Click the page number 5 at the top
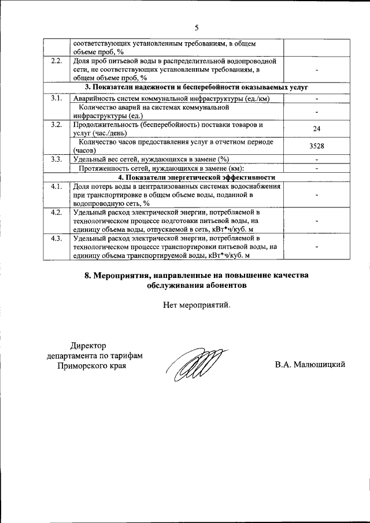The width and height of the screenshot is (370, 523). coord(196,27)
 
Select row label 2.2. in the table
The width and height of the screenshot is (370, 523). coord(57,61)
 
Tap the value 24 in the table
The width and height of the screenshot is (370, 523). coord(316,129)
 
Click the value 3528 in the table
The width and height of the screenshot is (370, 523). coord(316,146)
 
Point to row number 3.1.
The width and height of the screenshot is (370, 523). coord(57,99)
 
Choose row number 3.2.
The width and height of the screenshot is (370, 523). coord(57,125)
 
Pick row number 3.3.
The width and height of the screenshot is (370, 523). coord(57,159)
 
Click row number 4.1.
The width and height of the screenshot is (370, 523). coord(57,186)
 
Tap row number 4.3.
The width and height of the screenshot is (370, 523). coord(57,238)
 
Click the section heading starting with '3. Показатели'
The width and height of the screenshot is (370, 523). coord(197,87)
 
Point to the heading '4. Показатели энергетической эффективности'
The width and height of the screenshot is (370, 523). coord(197,177)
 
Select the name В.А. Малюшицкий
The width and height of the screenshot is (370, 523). coord(310,365)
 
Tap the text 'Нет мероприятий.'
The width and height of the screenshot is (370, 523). coord(197,305)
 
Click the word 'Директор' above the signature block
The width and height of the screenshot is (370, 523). coord(91,345)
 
